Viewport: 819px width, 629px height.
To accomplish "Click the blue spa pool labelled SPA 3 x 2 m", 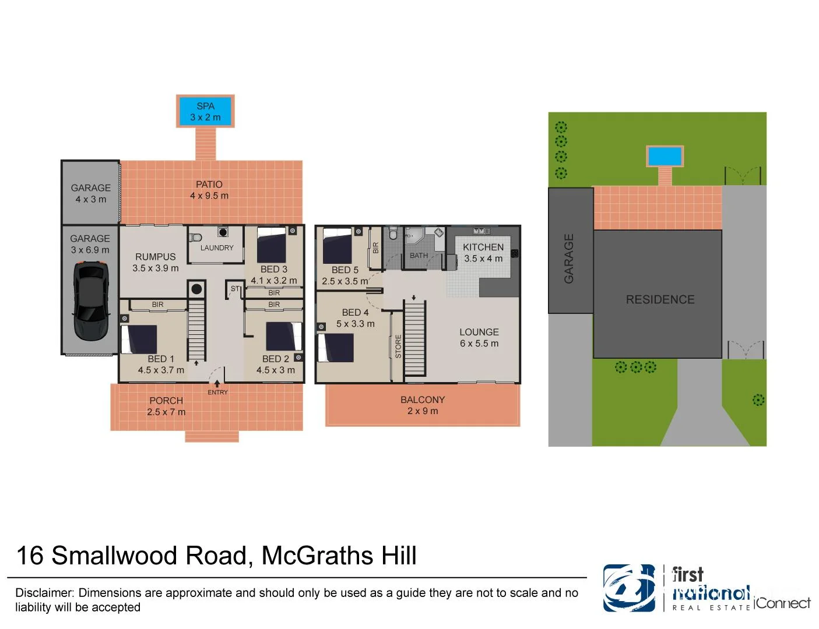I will coord(205,111).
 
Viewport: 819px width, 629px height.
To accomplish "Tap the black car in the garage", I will coord(91,301).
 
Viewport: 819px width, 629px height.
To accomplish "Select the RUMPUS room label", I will coord(155,257).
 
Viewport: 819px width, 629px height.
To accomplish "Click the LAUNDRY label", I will coord(217,248).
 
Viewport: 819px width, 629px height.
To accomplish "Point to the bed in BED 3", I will coord(272,245).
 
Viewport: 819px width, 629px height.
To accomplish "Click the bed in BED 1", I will coord(139,339).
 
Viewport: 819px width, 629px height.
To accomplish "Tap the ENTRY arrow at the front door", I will coord(217,384).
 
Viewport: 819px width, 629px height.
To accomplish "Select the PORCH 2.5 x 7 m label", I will coord(166,407).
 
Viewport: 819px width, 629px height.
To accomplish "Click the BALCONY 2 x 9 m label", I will coord(423,405).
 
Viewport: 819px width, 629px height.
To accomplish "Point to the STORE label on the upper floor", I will coord(399,346).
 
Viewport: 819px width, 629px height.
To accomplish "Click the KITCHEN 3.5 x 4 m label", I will coord(483,253).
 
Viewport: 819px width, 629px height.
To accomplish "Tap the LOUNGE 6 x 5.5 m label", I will coord(479,338).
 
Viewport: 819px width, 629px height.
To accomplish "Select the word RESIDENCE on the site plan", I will coord(660,299).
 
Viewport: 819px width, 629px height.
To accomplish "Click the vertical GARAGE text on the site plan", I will coord(569,259).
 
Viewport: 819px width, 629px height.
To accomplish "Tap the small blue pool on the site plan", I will coord(665,156).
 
